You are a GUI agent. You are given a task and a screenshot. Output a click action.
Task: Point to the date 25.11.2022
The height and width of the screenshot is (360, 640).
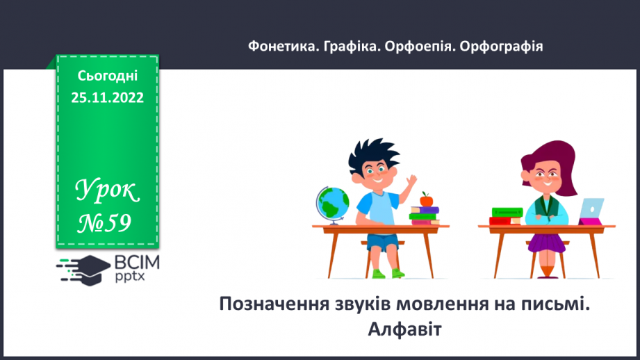point(107,98)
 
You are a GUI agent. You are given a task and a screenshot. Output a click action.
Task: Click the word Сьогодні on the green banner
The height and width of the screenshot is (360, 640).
point(107,76)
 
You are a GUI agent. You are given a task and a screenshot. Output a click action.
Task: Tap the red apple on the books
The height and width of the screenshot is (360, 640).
point(426,200)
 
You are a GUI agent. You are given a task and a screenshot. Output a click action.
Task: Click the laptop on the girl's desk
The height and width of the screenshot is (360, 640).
point(591,211)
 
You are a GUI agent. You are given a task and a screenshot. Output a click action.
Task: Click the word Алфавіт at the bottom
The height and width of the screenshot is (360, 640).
point(404,327)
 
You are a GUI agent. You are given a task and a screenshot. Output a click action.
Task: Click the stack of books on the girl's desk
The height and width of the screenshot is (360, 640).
point(506,216)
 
